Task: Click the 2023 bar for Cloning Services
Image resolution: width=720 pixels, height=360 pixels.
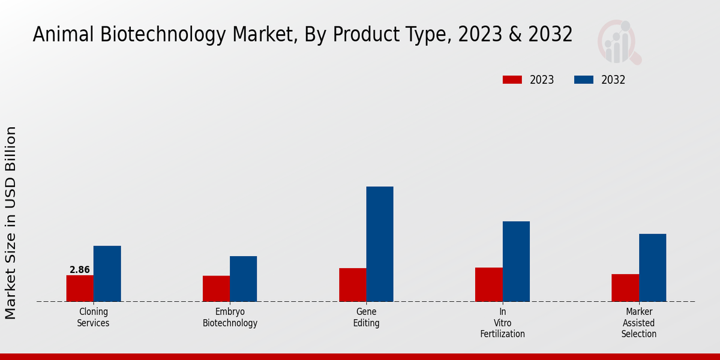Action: [80, 289]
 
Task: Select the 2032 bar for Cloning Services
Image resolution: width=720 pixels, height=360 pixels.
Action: [107, 274]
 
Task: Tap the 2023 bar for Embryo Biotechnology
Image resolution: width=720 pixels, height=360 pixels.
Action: [216, 289]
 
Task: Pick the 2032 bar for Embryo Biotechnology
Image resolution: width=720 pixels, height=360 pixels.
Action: [243, 279]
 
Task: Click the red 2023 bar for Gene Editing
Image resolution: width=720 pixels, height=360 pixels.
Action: [352, 285]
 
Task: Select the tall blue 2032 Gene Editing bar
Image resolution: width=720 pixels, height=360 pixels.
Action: [380, 244]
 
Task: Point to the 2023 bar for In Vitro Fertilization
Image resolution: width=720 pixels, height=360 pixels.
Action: [488, 284]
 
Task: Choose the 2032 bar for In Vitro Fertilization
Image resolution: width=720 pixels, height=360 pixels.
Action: [516, 262]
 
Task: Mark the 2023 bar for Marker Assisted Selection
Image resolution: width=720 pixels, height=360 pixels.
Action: [625, 288]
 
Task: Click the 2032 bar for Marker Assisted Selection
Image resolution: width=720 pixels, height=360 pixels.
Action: [652, 268]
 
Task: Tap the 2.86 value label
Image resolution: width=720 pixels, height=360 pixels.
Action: [80, 270]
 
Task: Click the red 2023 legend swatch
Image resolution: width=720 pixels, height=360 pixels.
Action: [512, 80]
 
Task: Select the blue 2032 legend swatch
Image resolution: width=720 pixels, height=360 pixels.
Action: [584, 80]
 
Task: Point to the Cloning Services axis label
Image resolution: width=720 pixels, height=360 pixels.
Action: [94, 317]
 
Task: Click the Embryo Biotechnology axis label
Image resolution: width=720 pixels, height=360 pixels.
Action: [230, 317]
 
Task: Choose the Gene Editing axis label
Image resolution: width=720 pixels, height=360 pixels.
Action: [366, 317]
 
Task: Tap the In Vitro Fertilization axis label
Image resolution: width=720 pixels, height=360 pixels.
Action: [502, 323]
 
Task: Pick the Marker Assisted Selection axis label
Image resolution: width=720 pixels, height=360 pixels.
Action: [638, 323]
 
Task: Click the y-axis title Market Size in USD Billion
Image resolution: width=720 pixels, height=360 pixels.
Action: [11, 223]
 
